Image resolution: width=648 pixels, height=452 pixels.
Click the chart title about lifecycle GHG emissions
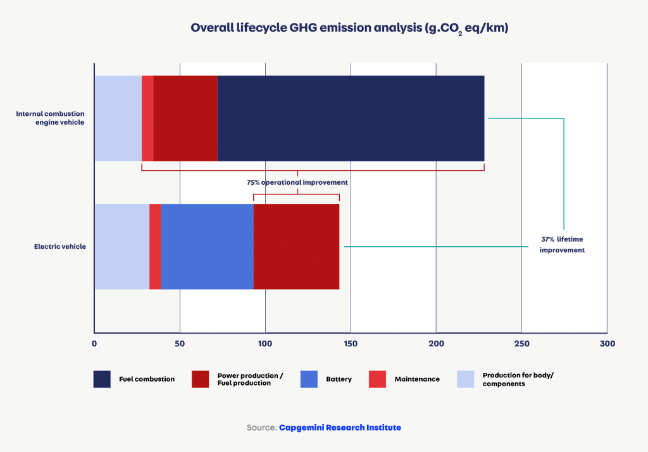point(349,28)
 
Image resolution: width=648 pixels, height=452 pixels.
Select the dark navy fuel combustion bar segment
point(351,118)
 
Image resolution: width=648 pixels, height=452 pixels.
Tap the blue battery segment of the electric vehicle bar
point(207,246)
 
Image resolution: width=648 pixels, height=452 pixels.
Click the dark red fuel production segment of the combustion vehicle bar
point(185,118)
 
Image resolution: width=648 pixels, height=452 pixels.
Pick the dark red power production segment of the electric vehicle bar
point(296,246)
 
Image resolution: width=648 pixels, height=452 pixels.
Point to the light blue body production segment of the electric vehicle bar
point(121,246)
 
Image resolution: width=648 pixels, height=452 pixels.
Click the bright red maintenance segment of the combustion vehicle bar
point(147,118)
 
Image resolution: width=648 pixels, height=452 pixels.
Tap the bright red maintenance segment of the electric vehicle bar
point(155,246)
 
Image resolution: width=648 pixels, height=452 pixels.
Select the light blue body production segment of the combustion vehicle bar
point(118,118)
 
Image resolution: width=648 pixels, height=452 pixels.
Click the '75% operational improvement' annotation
point(297,182)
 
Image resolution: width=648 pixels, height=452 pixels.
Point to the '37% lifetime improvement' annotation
point(562,245)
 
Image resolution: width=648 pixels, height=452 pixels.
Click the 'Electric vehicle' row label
point(59,246)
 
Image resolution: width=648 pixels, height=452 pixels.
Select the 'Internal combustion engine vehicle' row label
point(50,118)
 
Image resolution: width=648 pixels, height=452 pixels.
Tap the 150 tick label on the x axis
point(351,344)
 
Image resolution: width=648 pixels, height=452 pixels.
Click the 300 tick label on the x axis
point(607,344)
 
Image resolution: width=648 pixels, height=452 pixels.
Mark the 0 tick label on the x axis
point(94,344)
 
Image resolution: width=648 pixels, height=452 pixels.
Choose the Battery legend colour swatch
point(309,379)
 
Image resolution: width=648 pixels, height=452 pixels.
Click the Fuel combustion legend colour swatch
point(102,379)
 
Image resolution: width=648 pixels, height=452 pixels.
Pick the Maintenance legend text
point(416,379)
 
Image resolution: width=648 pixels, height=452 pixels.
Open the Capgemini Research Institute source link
point(340,428)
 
